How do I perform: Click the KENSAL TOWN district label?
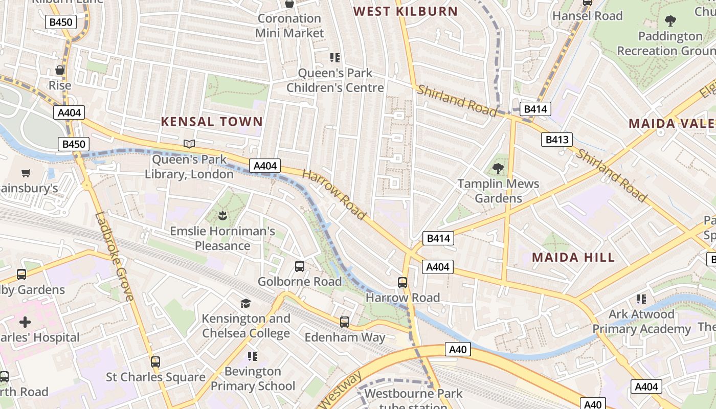point(212,122)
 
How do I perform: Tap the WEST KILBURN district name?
point(406,11)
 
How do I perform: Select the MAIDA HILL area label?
point(573,257)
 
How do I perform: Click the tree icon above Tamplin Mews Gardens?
point(498,168)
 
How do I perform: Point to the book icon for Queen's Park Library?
point(189,144)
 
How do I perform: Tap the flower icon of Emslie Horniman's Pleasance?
point(222,215)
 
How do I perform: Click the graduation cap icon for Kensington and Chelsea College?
point(246,303)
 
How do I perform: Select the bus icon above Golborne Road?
point(300,266)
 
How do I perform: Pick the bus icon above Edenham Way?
point(345,322)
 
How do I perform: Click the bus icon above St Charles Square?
point(155,362)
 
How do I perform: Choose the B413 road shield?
point(557,140)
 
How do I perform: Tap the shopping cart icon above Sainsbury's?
point(26,173)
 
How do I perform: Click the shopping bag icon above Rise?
point(60,70)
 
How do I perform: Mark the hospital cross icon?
point(25,322)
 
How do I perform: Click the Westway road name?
point(340,390)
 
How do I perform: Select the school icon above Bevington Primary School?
point(253,356)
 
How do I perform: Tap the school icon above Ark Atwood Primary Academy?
point(641,299)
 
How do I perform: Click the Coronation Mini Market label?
point(289,26)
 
